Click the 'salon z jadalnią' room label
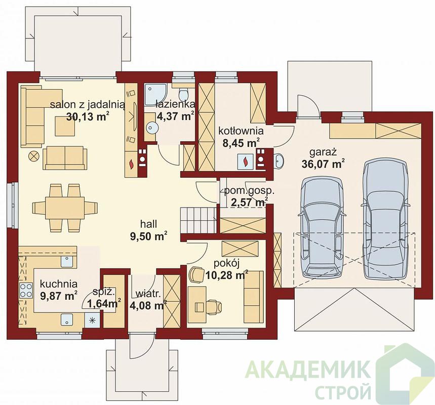(88, 105)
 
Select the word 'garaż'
(323, 152)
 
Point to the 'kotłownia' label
(241, 130)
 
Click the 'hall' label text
(148, 224)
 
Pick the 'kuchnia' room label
(59, 284)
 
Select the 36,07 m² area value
(323, 164)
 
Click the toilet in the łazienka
(183, 94)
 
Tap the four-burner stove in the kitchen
(26, 291)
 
